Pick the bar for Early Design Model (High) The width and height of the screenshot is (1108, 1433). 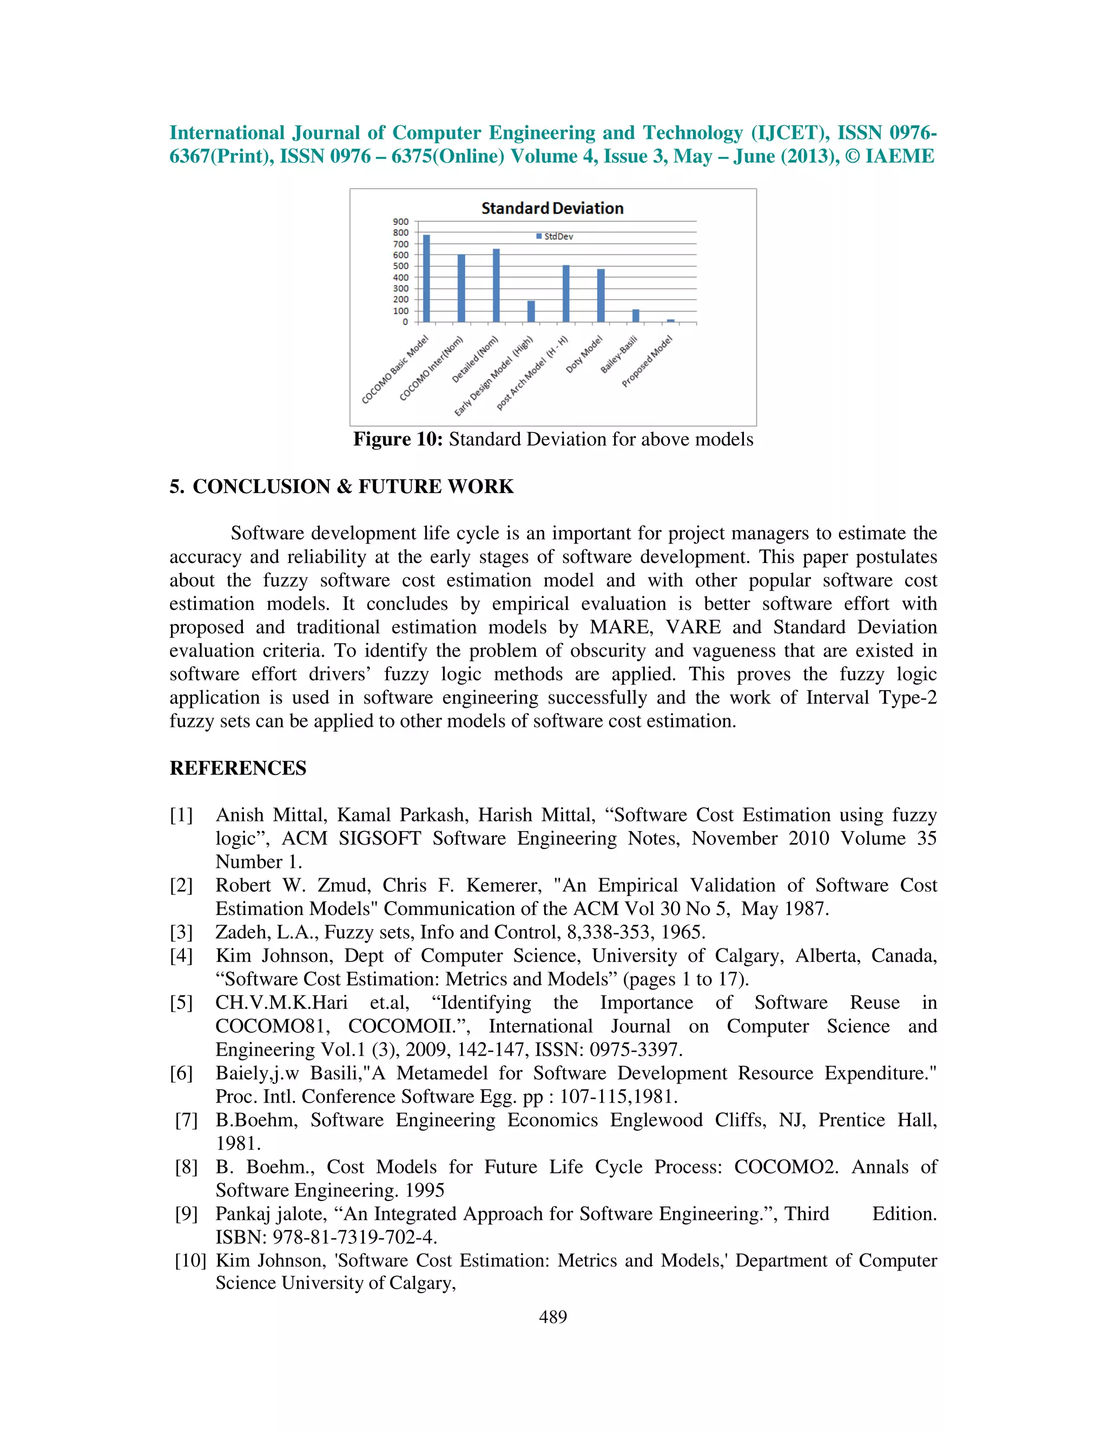531,311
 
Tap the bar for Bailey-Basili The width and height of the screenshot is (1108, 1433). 635,316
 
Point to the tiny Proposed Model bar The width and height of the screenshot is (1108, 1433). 670,320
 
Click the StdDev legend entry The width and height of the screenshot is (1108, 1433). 555,236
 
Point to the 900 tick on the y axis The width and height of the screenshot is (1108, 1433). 400,222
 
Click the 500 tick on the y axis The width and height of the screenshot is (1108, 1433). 400,267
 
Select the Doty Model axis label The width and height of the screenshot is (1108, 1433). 584,354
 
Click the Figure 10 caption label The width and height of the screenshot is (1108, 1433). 398,439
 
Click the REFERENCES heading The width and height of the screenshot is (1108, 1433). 238,768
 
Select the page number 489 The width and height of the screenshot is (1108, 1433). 553,1317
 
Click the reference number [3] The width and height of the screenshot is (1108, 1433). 181,932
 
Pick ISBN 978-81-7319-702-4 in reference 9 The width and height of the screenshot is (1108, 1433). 326,1237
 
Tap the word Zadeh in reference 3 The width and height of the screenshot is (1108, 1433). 240,932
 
